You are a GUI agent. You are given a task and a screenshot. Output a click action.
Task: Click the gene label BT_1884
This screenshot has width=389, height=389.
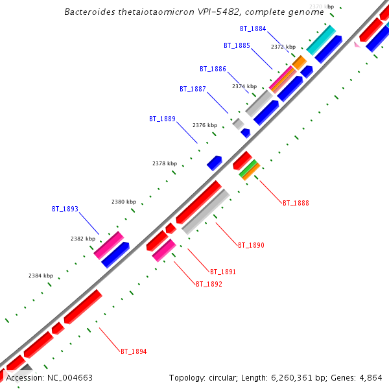click(253, 29)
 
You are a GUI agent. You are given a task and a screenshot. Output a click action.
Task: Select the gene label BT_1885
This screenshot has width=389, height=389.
click(237, 46)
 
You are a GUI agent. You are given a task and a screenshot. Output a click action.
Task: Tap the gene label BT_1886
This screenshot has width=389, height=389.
click(213, 69)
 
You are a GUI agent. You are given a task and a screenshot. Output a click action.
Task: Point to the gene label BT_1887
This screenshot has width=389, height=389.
click(193, 89)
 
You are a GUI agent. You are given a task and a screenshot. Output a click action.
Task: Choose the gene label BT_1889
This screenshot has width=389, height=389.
click(162, 119)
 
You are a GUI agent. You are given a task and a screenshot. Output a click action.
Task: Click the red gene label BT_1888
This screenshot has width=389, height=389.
click(296, 204)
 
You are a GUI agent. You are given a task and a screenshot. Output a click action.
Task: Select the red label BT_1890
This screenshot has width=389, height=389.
click(251, 246)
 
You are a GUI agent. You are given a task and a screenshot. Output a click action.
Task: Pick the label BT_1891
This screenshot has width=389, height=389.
click(223, 272)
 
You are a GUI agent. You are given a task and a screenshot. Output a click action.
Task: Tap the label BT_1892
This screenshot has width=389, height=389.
click(209, 284)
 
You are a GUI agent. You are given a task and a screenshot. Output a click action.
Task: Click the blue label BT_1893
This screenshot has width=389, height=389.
click(65, 209)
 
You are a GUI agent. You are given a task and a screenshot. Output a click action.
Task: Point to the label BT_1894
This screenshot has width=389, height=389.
click(134, 352)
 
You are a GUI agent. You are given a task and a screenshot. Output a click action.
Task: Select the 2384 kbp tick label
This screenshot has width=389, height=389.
click(40, 276)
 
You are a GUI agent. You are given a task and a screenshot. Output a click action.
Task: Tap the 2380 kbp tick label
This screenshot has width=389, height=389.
click(124, 202)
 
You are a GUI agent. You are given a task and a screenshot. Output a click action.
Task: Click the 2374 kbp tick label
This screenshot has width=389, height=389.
click(244, 86)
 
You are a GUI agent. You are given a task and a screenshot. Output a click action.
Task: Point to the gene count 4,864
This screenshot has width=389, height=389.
click(369, 378)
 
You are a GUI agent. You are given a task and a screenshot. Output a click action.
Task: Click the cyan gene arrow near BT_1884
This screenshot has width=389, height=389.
click(321, 40)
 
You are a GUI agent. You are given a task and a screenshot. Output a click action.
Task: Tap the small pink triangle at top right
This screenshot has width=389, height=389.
click(357, 45)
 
